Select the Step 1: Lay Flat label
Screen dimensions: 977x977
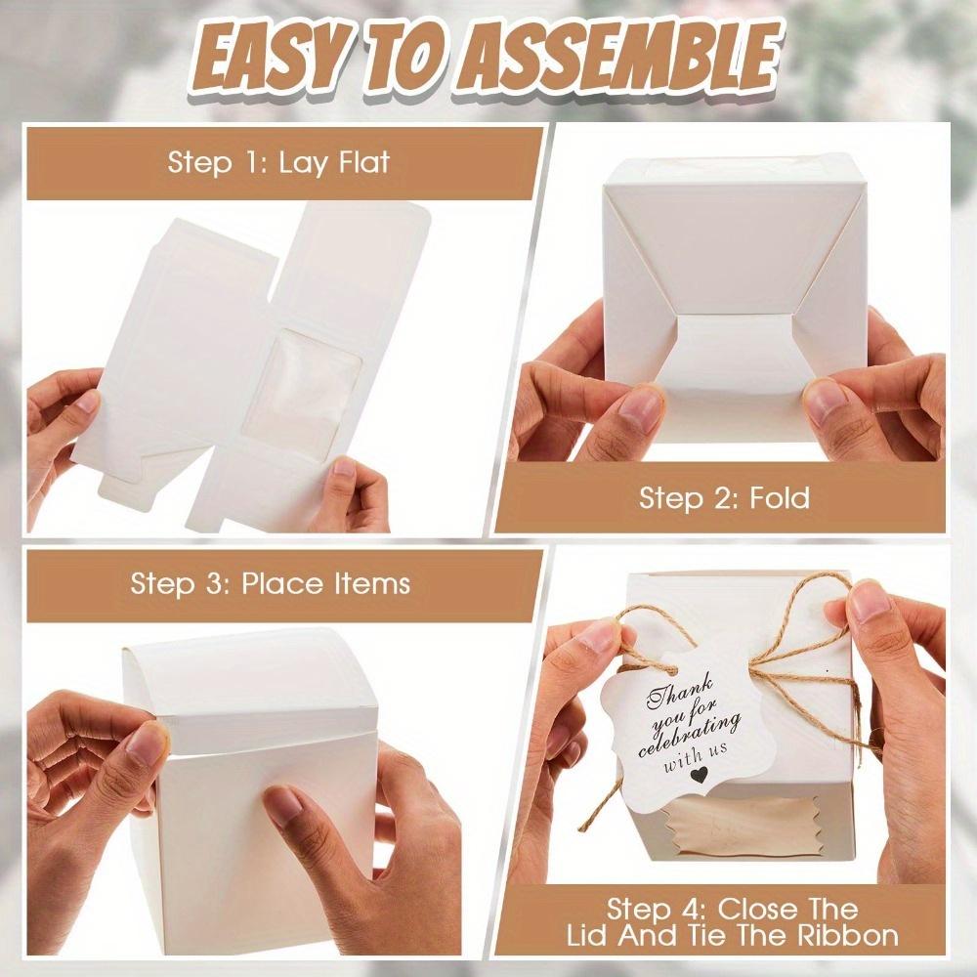pyautogui.click(x=278, y=161)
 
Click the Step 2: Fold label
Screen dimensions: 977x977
pyautogui.click(x=724, y=498)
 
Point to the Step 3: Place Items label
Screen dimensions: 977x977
pyautogui.click(x=271, y=584)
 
